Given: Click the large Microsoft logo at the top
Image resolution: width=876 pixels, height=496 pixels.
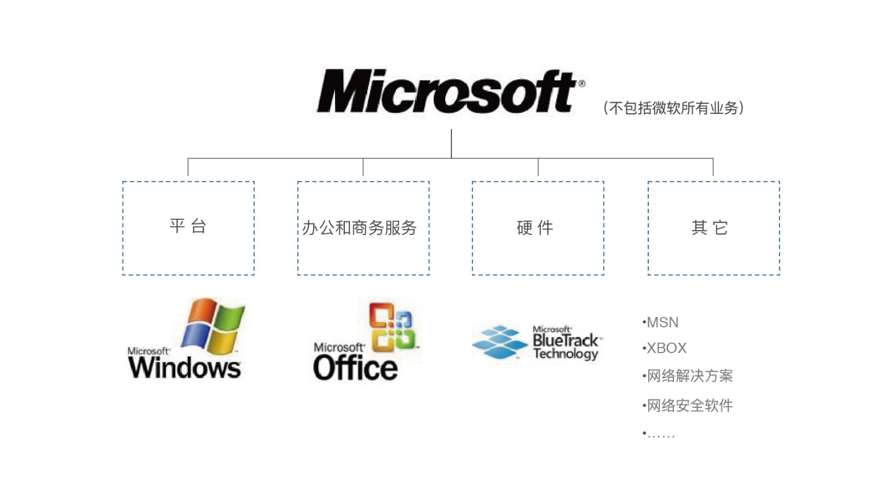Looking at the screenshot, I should click(446, 91).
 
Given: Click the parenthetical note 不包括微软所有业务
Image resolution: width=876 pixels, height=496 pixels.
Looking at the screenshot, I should click(673, 108).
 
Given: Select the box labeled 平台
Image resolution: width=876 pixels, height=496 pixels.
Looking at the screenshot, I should click(188, 228).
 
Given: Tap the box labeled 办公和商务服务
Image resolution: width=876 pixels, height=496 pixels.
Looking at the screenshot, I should click(363, 228).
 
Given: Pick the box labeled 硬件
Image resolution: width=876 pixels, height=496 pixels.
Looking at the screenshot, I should click(538, 228).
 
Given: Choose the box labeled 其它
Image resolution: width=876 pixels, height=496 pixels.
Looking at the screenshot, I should click(713, 228).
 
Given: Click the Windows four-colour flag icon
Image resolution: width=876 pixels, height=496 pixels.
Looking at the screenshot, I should click(213, 325).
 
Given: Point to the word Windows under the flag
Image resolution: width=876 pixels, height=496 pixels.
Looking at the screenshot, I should click(184, 367).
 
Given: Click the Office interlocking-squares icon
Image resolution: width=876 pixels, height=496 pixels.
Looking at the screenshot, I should click(391, 327).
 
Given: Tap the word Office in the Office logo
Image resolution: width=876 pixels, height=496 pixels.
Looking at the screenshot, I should click(355, 368).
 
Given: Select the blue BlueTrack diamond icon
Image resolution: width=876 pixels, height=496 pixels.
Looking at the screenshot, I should click(499, 342).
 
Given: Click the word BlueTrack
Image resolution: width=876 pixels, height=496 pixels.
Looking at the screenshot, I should click(566, 341).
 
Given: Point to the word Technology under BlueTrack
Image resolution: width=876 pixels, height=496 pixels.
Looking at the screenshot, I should click(566, 354).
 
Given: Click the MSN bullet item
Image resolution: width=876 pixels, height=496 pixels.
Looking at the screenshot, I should click(662, 322).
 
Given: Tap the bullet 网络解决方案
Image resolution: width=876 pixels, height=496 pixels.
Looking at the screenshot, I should click(689, 376).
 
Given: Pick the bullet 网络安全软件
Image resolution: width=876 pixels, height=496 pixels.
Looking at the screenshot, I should click(689, 406).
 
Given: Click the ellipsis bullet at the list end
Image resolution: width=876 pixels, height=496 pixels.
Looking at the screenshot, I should click(660, 435).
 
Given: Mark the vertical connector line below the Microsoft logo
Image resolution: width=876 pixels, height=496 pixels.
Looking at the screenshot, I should click(451, 143).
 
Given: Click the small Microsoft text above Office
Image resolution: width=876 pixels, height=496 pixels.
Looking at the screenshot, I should click(339, 348).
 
